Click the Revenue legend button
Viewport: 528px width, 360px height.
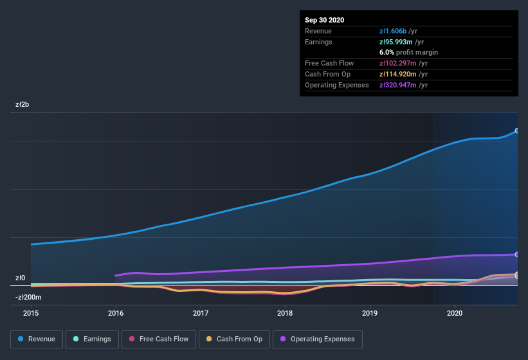(x=37, y=339)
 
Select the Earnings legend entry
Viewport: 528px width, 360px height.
(x=91, y=339)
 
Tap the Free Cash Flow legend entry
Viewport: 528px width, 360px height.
(x=159, y=339)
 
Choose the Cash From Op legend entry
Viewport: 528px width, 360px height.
(x=234, y=339)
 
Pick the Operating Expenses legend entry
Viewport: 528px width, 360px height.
(x=317, y=339)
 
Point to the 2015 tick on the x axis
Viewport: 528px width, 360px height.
(x=31, y=314)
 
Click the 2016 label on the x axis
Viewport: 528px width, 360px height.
(x=116, y=314)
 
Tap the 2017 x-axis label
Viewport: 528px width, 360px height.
(x=201, y=314)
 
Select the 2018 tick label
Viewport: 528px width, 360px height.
(x=285, y=314)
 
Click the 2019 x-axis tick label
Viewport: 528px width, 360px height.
(x=370, y=314)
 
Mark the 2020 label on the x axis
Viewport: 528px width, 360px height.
(x=455, y=314)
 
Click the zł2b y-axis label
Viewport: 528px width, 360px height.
(x=23, y=104)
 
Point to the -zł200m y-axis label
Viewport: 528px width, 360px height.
(x=28, y=297)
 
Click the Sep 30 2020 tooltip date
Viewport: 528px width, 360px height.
(x=324, y=20)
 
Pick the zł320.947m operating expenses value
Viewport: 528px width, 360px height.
(x=403, y=85)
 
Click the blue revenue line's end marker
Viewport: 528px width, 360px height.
(x=517, y=130)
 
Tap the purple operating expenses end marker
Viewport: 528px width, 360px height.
(x=517, y=255)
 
